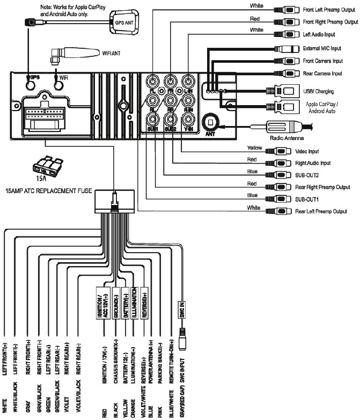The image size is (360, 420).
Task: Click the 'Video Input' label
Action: (307, 151)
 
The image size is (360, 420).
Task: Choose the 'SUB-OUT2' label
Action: (308, 175)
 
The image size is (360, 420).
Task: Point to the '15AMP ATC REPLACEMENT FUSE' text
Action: (49, 190)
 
